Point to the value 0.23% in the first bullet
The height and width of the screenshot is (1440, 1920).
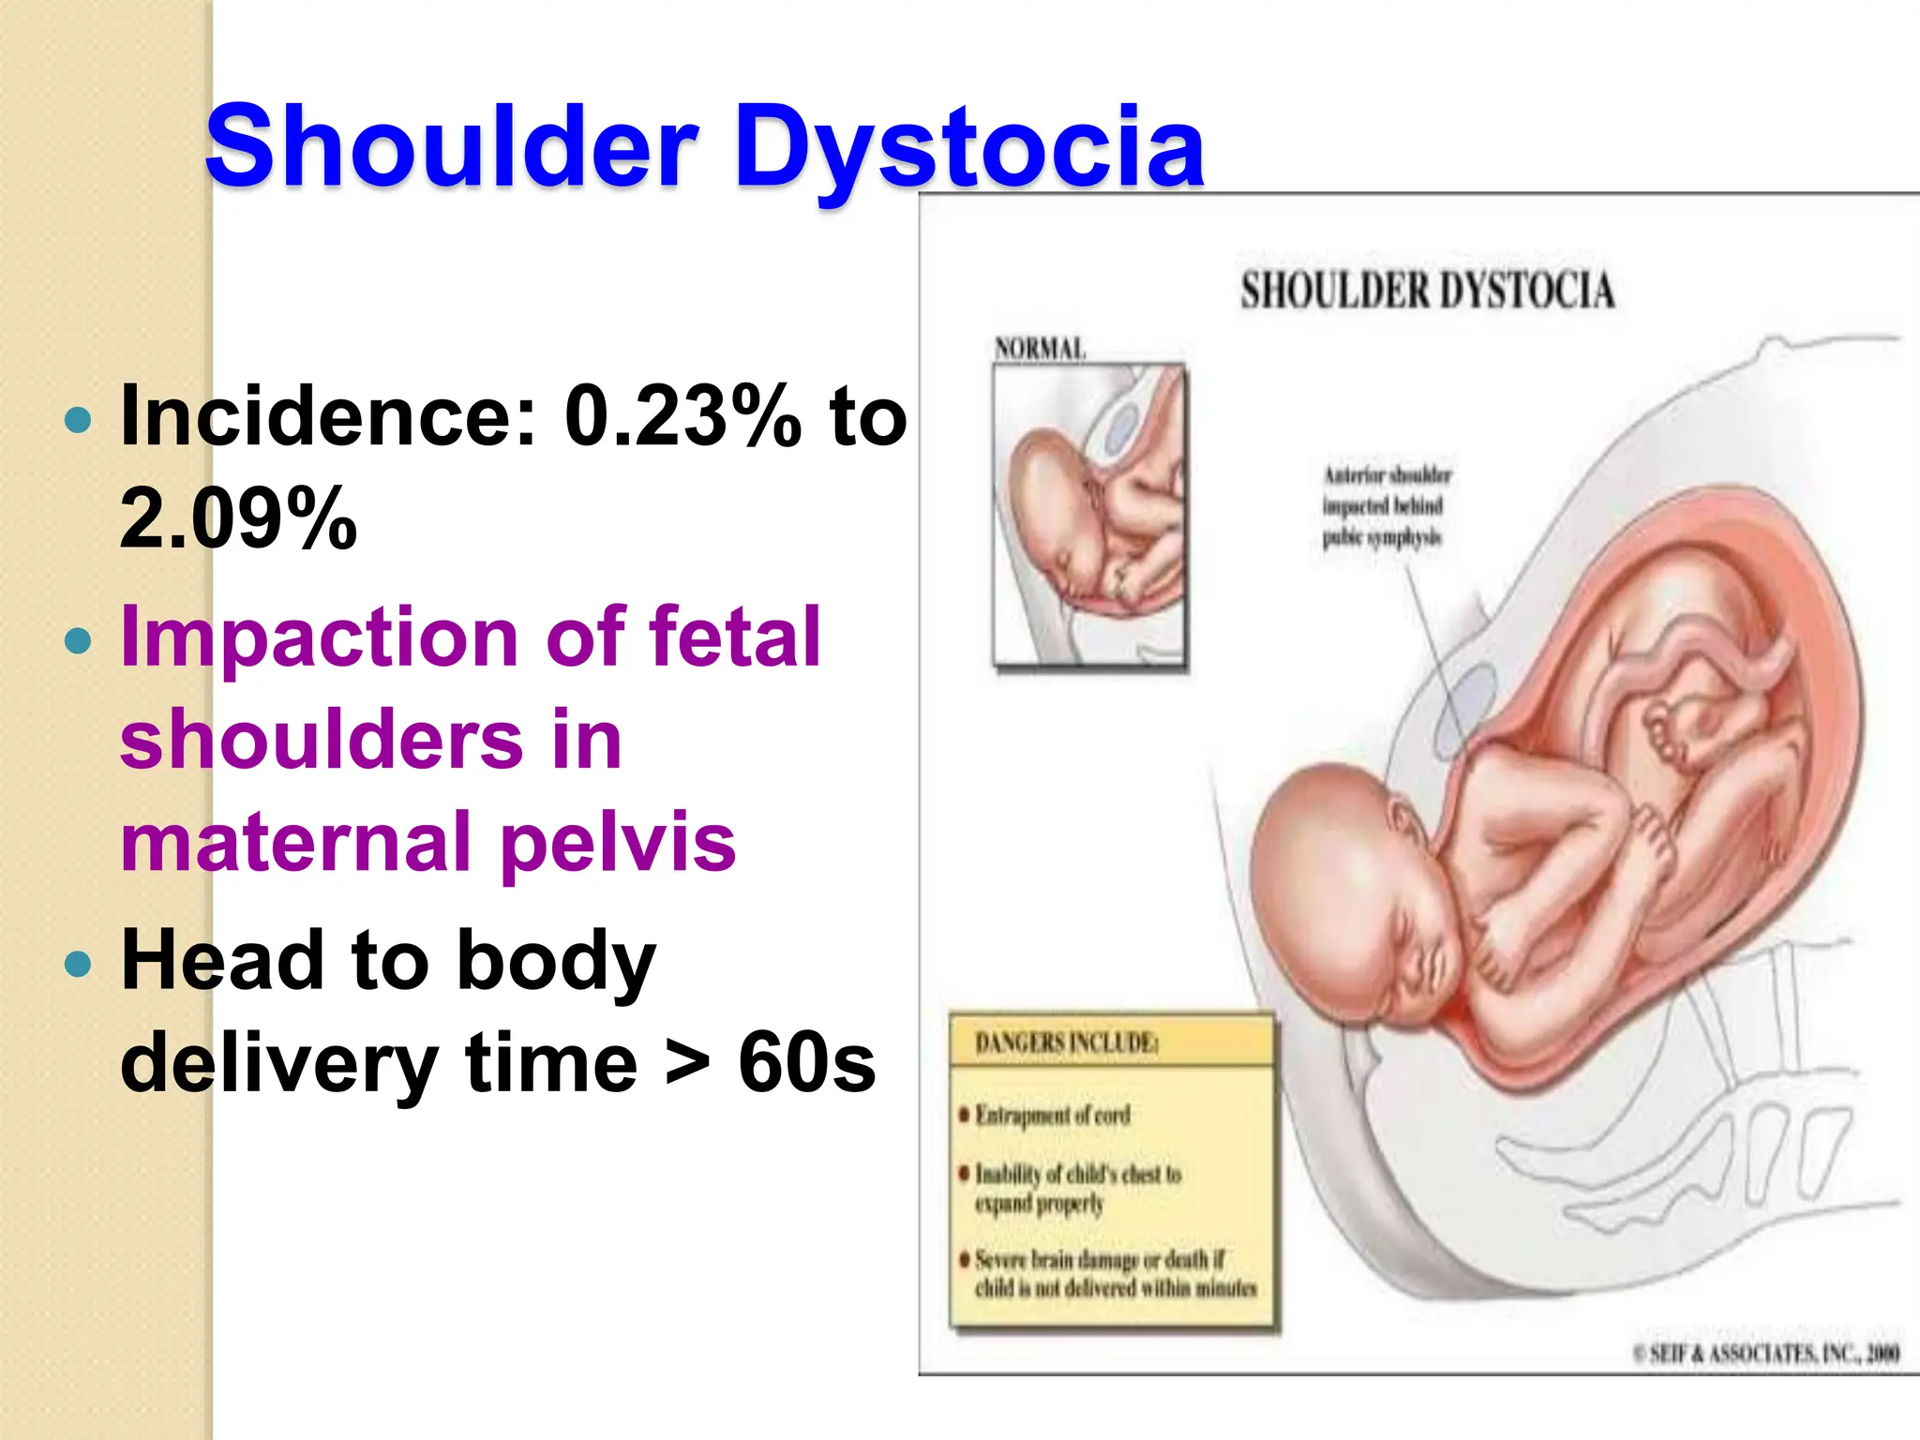[x=683, y=416]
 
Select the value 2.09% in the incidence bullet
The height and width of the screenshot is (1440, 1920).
[x=238, y=517]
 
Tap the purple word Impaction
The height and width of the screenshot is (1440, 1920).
[x=320, y=638]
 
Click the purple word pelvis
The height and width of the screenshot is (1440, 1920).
[x=618, y=842]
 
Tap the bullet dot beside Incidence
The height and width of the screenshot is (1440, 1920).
[x=79, y=419]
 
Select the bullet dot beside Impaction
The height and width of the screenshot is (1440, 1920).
[x=79, y=641]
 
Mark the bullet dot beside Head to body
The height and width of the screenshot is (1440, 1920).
[x=79, y=963]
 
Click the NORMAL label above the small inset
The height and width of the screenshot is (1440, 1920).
[x=1040, y=349]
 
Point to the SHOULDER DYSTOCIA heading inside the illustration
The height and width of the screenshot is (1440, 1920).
[x=1427, y=291]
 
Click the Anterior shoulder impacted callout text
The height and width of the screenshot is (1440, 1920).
[x=1385, y=506]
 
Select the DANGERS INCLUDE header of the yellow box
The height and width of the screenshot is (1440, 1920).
[x=1066, y=1042]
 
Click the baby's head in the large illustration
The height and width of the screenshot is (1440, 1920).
[x=1350, y=872]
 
